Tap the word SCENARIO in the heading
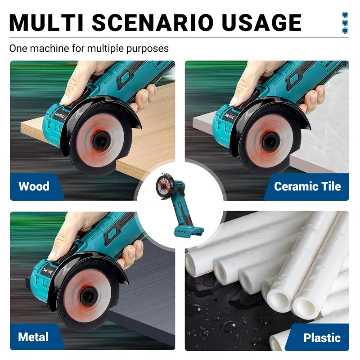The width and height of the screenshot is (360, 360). [153, 22]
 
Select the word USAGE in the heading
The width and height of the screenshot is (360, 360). [261, 22]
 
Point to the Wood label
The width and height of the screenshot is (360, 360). [34, 186]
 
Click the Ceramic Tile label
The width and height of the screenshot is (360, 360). [307, 186]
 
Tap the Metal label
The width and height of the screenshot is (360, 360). [33, 337]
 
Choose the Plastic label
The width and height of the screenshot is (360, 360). [322, 338]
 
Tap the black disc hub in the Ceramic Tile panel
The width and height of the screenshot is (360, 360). [271, 140]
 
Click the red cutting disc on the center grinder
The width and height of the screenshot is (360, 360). [163, 186]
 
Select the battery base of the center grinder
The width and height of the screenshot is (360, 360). [189, 232]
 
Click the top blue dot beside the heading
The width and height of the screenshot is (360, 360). [345, 15]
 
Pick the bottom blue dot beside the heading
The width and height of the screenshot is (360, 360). [345, 31]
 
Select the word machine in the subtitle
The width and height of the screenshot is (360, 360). [49, 49]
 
